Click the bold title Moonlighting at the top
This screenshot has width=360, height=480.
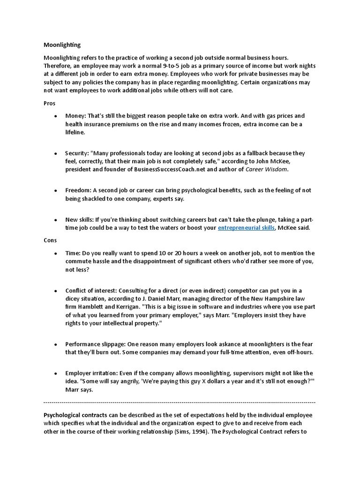point(62,45)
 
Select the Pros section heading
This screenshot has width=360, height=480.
point(50,103)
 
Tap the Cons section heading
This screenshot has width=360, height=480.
point(50,240)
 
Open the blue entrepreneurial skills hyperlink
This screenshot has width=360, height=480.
point(246,228)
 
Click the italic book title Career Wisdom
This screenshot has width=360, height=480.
point(267,169)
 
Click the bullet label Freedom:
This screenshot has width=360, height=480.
point(78,190)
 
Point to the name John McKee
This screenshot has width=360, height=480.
point(286,161)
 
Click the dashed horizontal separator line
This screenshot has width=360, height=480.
point(180,402)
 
